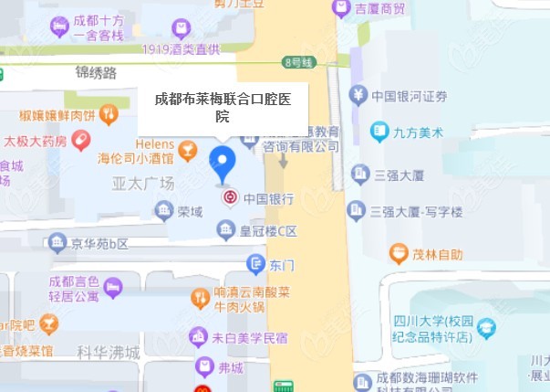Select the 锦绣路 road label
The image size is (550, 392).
[x=98, y=73]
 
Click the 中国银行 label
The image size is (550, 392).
[x=268, y=197]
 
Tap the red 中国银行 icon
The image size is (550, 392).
[x=230, y=196]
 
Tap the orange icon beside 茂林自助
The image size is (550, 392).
[x=398, y=253]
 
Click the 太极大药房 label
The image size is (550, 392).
[x=36, y=142]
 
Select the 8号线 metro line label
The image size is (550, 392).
[x=298, y=62]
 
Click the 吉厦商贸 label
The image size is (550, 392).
[x=380, y=9]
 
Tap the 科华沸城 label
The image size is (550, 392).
[x=109, y=352]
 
